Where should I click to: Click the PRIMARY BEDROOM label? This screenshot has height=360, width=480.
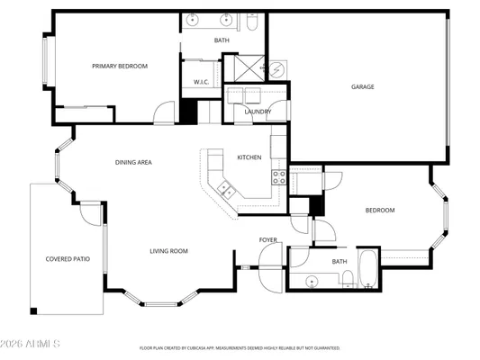click(x=120, y=66)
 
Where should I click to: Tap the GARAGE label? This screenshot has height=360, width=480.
click(x=363, y=87)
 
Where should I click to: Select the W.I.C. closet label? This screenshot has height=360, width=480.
click(x=201, y=83)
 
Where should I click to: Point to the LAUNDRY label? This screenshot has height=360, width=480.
click(x=258, y=112)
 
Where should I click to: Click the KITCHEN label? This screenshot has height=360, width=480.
click(x=249, y=157)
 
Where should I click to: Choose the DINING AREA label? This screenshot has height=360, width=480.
click(x=132, y=163)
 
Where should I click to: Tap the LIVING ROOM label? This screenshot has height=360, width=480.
click(x=168, y=251)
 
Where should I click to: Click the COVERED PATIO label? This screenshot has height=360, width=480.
click(x=68, y=259)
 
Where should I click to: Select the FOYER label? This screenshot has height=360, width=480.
click(x=268, y=240)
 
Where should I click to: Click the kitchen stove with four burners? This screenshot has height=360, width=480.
click(x=279, y=176)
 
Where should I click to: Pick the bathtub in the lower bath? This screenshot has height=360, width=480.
click(x=368, y=267)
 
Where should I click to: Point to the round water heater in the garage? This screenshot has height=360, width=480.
click(x=278, y=69)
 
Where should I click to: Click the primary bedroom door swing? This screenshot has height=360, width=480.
click(x=164, y=113)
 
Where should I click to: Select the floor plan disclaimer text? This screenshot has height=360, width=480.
click(x=240, y=347)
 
